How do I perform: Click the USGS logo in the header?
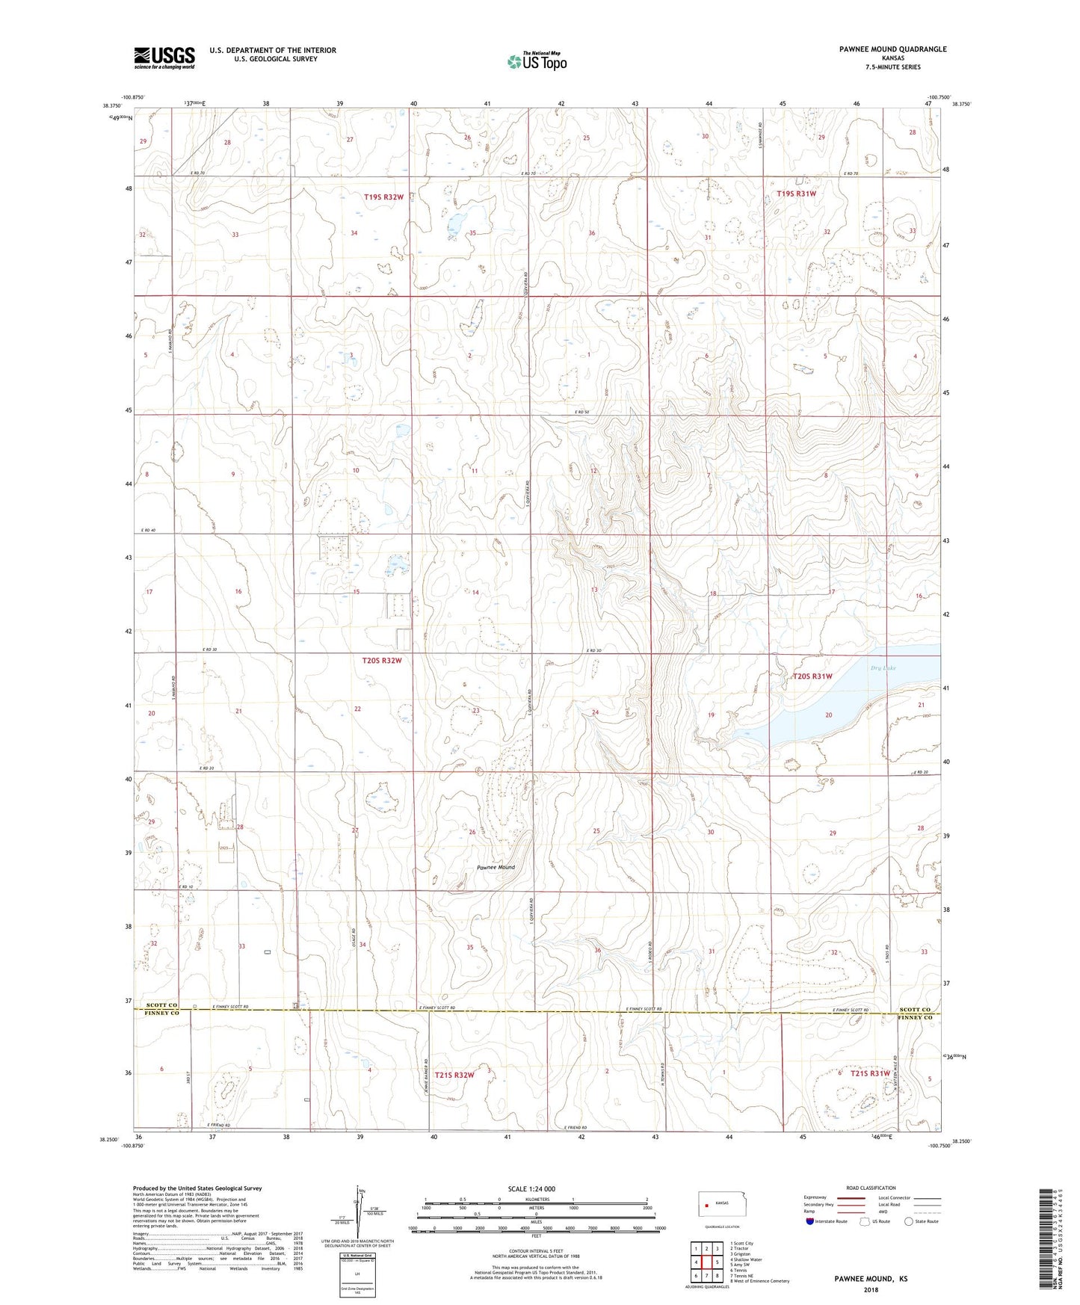click(x=164, y=57)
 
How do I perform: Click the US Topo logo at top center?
click(x=536, y=61)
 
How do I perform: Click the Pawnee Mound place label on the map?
click(x=496, y=868)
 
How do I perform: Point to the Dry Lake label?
click(x=883, y=668)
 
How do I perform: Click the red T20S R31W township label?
click(x=812, y=676)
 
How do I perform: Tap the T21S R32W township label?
click(x=454, y=1075)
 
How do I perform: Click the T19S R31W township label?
click(x=796, y=194)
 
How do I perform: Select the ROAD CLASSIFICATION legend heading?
click(x=871, y=1188)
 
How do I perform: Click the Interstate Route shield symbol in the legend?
click(x=811, y=1221)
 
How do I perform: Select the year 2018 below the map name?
click(x=871, y=1289)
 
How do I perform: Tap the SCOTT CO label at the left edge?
click(x=162, y=1005)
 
